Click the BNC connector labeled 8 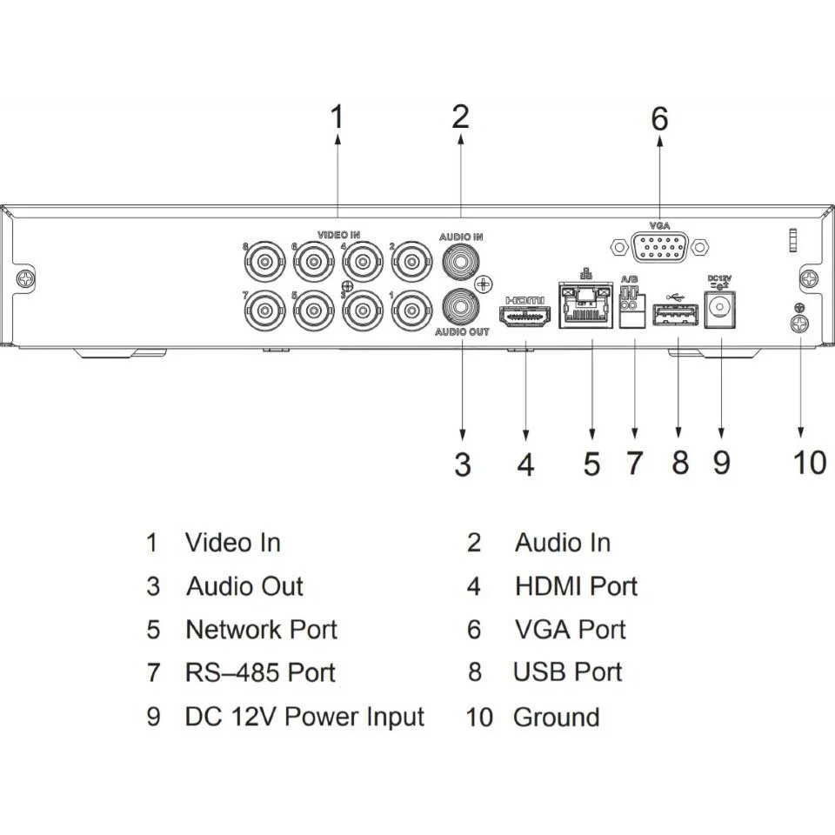point(264,259)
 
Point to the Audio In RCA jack point(462,259)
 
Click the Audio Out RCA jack point(462,306)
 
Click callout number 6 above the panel point(659,118)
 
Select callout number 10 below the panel point(808,462)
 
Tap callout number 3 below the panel point(463,464)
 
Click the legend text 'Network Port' point(261,629)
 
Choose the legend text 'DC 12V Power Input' point(304,717)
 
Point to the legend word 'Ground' point(556,718)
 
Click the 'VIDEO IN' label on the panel point(338,235)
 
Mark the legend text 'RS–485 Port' point(259,672)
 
